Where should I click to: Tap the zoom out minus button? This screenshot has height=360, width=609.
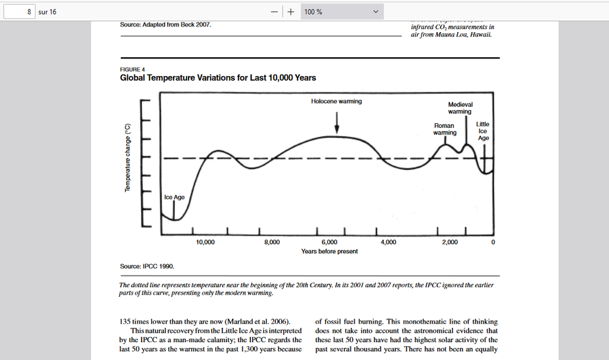click(275, 12)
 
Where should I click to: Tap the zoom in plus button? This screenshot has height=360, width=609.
click(291, 12)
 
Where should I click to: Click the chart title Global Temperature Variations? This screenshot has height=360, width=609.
click(218, 78)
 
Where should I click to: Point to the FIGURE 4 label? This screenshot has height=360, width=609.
click(133, 69)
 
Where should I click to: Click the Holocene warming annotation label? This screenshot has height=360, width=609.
click(336, 101)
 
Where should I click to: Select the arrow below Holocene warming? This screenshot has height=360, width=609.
click(337, 122)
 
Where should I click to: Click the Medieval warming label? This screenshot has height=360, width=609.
click(460, 108)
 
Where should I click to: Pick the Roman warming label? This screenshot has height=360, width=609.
click(444, 129)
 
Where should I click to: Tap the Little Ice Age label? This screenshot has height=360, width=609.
click(483, 131)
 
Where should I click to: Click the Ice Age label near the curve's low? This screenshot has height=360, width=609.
click(174, 197)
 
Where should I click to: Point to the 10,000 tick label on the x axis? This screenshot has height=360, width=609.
click(205, 242)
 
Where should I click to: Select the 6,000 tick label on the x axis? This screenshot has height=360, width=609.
click(329, 242)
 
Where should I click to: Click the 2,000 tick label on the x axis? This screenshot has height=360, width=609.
click(450, 242)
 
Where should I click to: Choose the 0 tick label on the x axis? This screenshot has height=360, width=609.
click(493, 242)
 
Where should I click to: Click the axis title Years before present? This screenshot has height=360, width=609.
click(329, 251)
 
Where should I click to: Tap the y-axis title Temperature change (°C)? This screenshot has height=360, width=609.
click(127, 158)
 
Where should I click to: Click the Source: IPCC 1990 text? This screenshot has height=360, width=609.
click(147, 266)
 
